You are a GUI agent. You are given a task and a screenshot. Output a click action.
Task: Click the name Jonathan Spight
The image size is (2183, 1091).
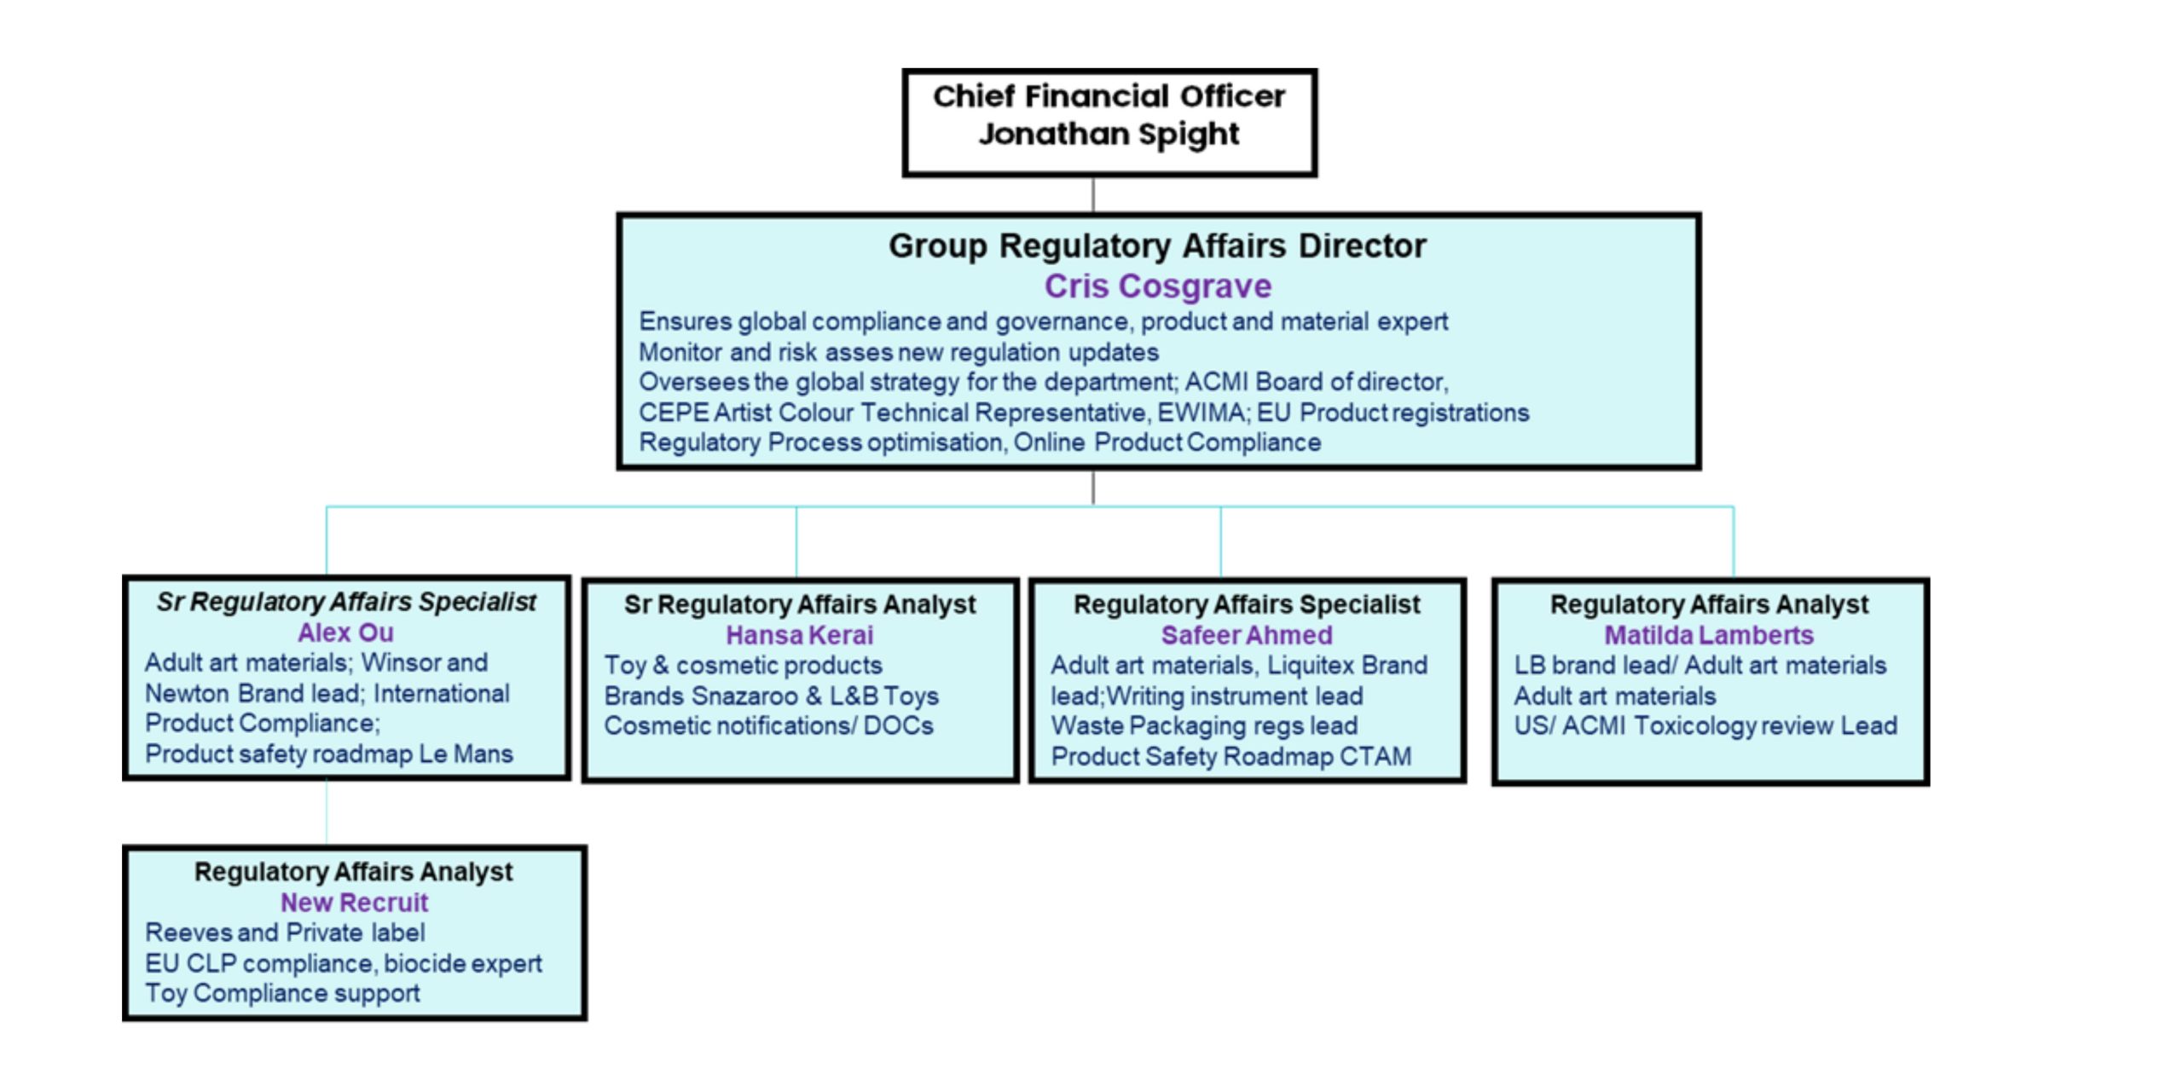1109,135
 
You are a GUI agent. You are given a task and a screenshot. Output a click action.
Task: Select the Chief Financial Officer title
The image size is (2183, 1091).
1109,96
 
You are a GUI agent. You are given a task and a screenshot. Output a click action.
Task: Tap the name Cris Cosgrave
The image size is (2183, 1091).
1157,286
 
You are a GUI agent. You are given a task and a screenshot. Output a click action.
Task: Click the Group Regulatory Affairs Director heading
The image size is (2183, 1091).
1157,245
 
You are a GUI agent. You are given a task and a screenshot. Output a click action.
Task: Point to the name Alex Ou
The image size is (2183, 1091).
345,632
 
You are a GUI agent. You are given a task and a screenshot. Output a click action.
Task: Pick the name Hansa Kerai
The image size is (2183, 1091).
799,635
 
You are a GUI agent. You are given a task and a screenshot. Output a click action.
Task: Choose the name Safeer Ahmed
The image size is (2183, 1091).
1247,635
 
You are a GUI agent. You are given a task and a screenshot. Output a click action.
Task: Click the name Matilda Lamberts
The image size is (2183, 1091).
1709,635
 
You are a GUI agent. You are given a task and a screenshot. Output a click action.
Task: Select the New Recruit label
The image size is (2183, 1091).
354,902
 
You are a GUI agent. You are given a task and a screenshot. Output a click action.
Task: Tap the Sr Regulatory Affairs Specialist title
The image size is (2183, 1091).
346,602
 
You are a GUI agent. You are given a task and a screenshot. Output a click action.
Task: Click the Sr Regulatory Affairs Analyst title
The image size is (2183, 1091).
799,604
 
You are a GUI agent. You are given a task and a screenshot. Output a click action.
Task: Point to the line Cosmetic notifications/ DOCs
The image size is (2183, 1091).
768,726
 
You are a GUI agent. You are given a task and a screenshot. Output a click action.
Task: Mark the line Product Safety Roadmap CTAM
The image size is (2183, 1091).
1230,756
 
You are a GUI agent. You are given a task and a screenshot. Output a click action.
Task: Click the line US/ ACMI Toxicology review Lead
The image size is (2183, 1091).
1705,726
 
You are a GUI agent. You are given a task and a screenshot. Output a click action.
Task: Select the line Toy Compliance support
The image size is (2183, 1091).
282,993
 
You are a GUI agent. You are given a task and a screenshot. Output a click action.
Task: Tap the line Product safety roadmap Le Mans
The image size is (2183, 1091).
328,753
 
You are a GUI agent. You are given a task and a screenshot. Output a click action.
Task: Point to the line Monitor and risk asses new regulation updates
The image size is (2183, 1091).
899,352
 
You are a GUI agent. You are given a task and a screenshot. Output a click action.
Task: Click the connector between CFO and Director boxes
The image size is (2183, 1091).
1093,194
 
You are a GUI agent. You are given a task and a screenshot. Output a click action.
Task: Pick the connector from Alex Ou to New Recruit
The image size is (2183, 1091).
327,811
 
